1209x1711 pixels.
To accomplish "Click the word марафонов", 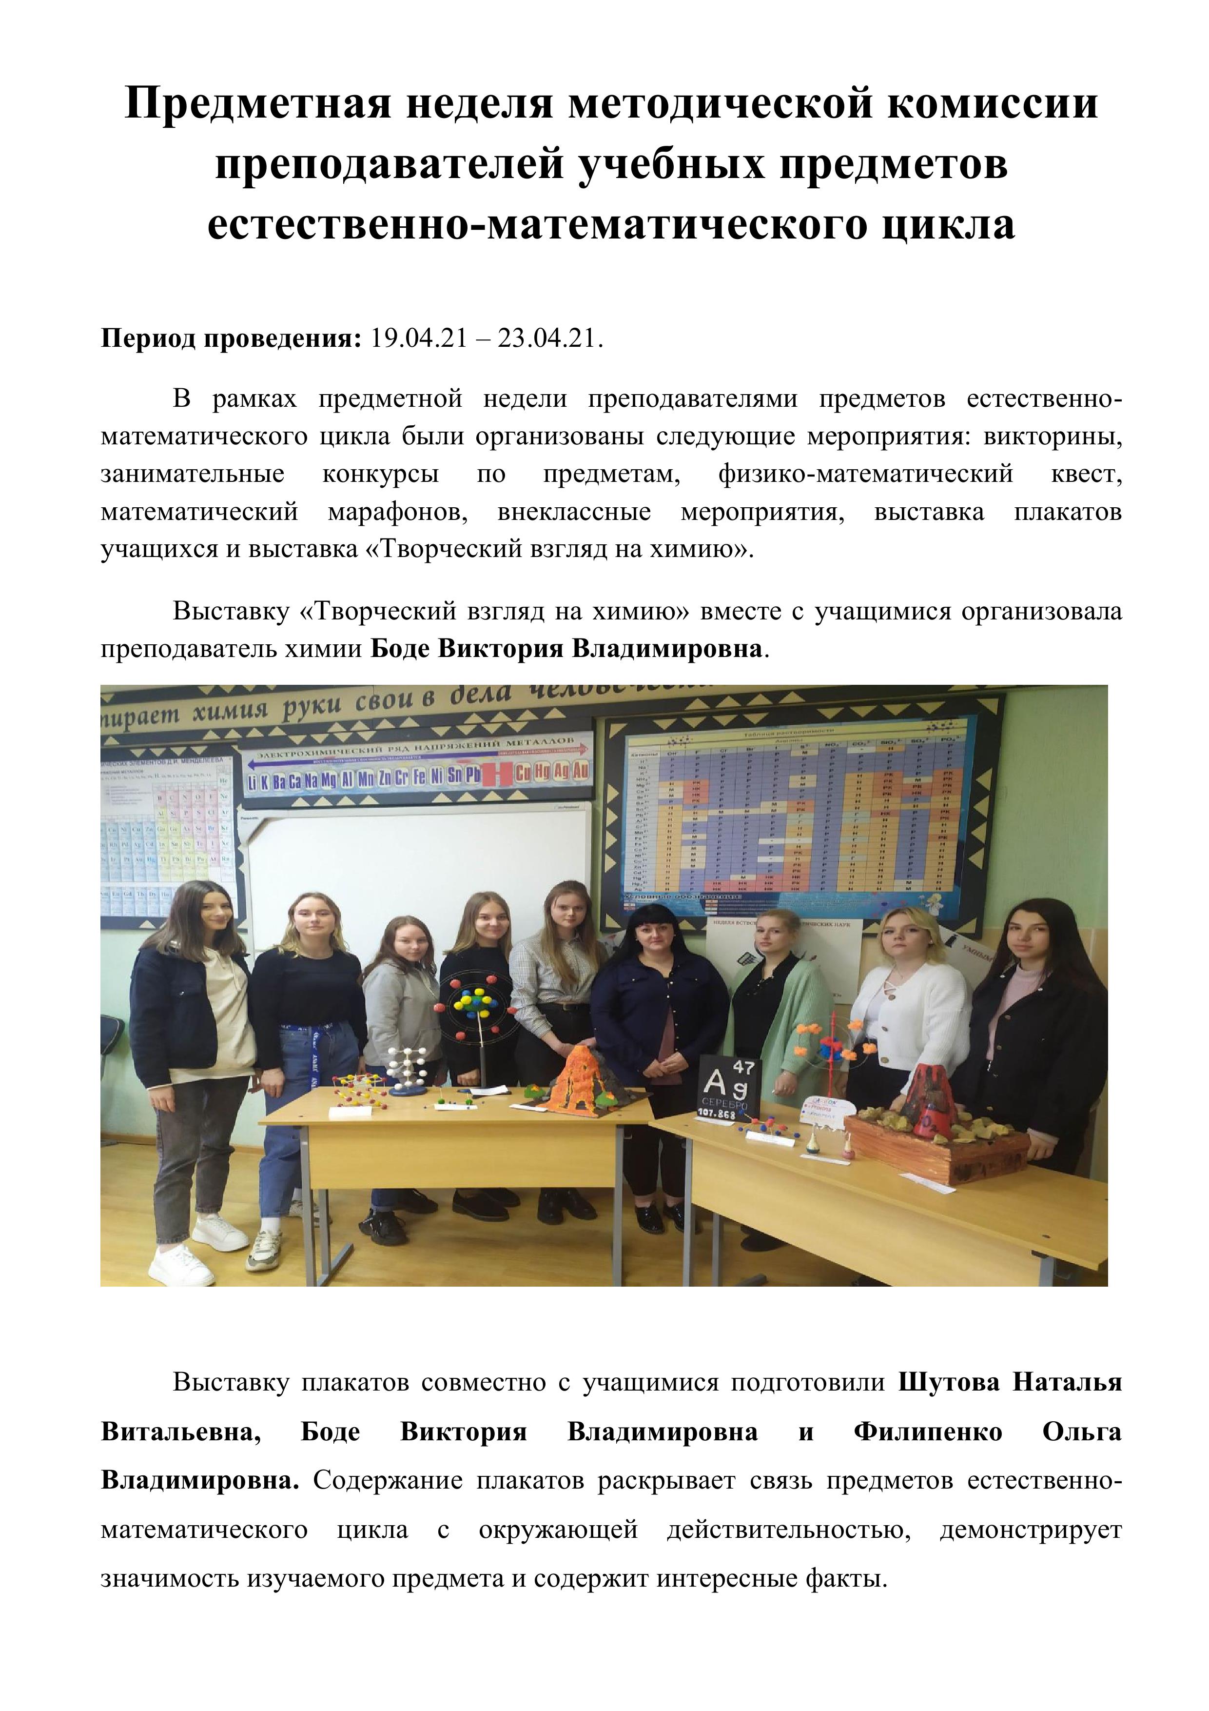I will click(x=396, y=512).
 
